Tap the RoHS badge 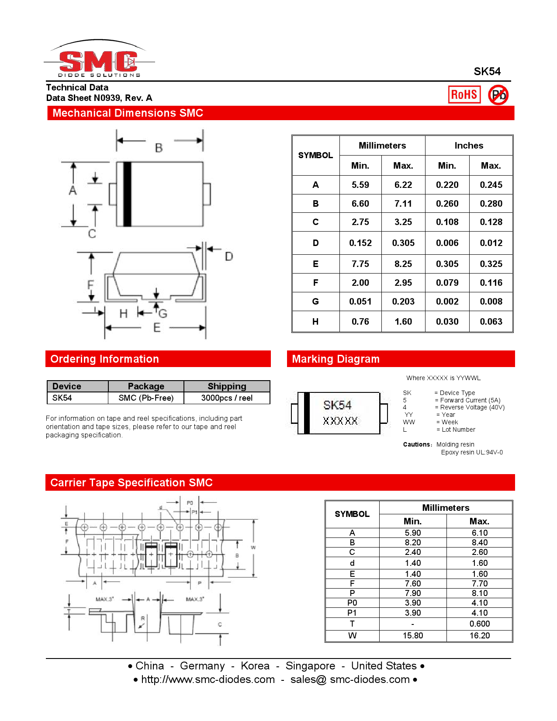click(464, 94)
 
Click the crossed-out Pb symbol click(498, 95)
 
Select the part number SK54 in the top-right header click(487, 72)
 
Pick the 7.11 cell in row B click(403, 204)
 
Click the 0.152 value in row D click(360, 243)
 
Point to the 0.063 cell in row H click(491, 322)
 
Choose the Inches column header click(468, 146)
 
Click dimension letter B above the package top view click(159, 148)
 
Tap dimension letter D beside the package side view click(229, 257)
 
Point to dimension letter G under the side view click(163, 313)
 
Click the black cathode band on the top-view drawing click(127, 194)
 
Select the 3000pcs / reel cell click(227, 398)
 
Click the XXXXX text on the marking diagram click(340, 421)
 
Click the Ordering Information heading click(105, 359)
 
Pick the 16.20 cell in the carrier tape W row click(479, 635)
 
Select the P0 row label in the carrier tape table click(352, 603)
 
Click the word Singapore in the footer click(310, 666)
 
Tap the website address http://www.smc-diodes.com click(208, 679)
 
